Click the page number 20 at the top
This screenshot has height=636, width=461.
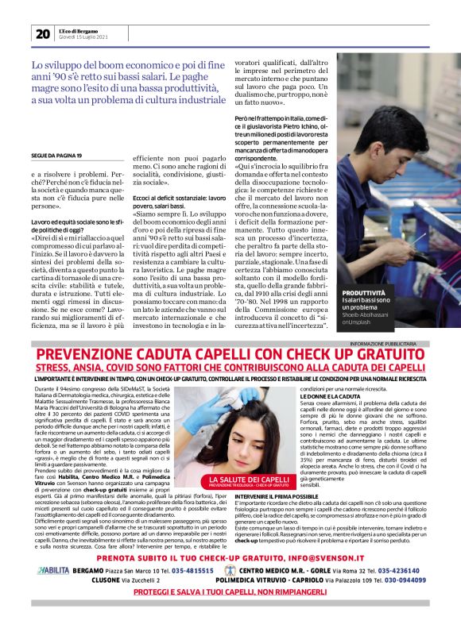point(42,33)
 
